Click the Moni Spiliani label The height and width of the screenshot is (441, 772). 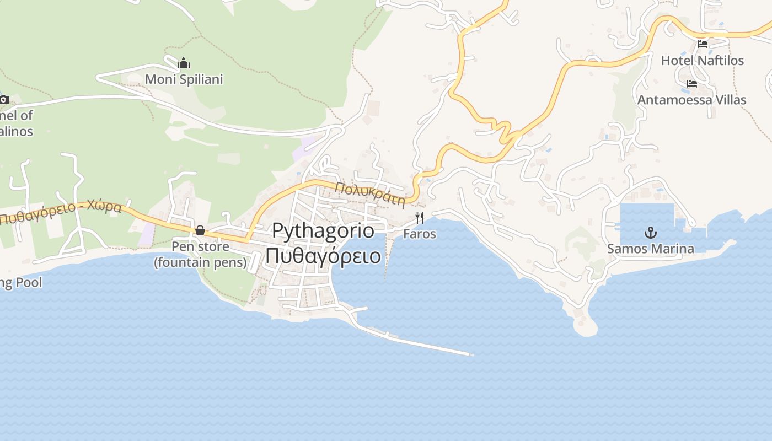(x=184, y=79)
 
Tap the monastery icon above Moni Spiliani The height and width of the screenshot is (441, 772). (x=184, y=63)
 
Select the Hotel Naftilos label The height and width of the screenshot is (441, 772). (x=702, y=60)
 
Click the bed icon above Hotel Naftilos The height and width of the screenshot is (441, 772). (x=703, y=44)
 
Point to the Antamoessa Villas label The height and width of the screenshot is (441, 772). (x=691, y=100)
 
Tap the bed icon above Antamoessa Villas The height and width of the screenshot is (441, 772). (x=692, y=84)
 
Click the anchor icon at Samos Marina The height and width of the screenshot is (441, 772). (x=651, y=232)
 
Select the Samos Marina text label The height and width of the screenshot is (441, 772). (x=651, y=249)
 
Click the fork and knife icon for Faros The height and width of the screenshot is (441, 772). (x=420, y=218)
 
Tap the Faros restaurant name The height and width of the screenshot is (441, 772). (x=420, y=234)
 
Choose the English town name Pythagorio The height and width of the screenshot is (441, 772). (x=323, y=230)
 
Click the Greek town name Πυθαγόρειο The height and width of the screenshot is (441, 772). (x=323, y=256)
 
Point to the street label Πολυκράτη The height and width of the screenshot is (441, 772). (x=370, y=194)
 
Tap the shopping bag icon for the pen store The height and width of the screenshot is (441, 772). (x=200, y=230)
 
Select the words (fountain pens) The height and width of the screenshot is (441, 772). (x=200, y=262)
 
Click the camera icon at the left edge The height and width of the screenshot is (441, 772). (x=4, y=100)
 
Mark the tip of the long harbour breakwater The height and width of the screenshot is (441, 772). (x=471, y=354)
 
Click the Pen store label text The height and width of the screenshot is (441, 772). (x=200, y=246)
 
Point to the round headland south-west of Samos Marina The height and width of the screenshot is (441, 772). (x=585, y=326)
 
